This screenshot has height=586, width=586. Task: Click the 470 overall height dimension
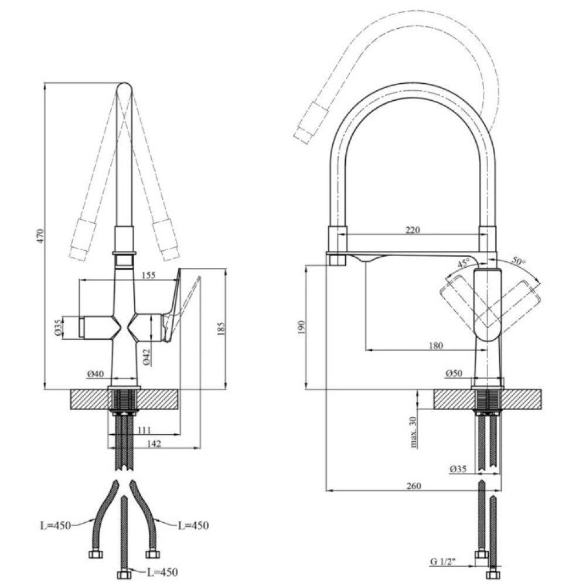click(41, 236)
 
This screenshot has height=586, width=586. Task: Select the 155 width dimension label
click(148, 275)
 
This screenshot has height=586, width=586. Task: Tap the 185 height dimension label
click(221, 329)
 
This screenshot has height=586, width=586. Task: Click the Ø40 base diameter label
click(96, 374)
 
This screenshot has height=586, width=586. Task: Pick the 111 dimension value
click(144, 430)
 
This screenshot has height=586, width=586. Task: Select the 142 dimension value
click(154, 443)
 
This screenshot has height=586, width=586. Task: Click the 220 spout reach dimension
click(413, 230)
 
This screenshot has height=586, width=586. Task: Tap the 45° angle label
click(463, 264)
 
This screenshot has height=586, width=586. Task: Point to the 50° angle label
click(518, 261)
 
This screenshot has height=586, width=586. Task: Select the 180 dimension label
click(435, 345)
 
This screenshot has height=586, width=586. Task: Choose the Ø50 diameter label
click(454, 373)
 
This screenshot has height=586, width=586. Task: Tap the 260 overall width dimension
click(413, 486)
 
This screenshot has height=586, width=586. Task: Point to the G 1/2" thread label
click(443, 561)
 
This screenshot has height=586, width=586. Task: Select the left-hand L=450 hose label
click(56, 526)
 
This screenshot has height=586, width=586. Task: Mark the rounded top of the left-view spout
click(124, 87)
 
